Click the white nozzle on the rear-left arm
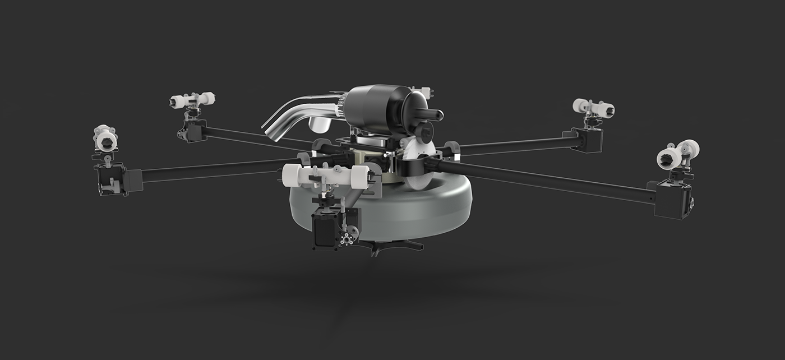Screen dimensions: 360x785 (192, 100)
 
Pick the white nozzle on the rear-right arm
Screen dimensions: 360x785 (593, 108)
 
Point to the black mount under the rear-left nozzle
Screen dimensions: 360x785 (193, 130)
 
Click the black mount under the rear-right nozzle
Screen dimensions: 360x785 (589, 137)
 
